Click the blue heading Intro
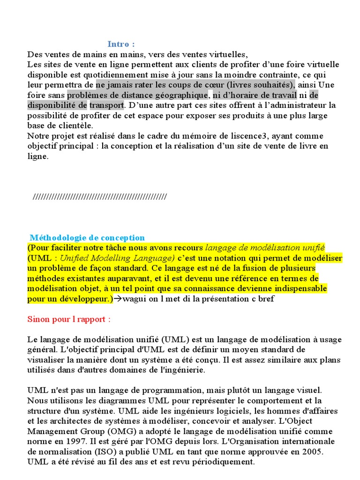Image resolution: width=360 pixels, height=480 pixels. tap(121, 44)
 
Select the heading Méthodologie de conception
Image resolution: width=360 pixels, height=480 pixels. tap(87, 238)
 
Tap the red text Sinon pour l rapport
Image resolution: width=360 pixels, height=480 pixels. tap(68, 319)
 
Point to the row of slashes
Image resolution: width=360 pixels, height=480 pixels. tap(99, 196)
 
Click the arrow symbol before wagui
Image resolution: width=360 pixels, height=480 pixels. tap(118, 299)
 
